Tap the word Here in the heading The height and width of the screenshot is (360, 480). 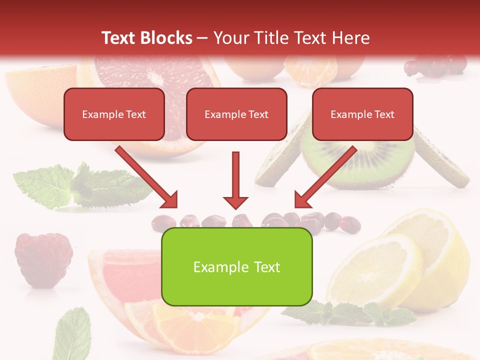coord(350,38)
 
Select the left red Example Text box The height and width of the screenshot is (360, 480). coord(114,114)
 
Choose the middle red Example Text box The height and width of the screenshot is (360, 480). coord(236,114)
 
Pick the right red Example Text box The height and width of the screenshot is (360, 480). coord(362,114)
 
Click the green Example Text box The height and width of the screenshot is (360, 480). coord(236,266)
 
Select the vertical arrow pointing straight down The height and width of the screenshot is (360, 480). coord(235,180)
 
